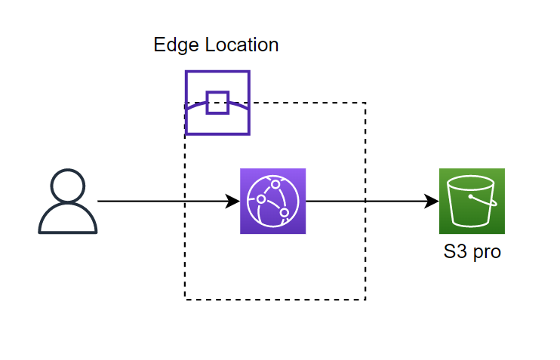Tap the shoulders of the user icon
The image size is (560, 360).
68,220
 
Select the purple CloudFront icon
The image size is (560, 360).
272,201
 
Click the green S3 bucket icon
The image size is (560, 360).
472,201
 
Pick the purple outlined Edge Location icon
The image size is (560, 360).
217,103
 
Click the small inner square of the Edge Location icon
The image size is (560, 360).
217,102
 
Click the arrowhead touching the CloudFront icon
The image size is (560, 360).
233,202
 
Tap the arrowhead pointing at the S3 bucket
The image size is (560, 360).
432,202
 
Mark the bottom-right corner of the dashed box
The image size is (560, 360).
365,300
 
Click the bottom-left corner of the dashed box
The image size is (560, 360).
186,300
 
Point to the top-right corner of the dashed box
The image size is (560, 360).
365,103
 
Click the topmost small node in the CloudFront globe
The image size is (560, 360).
276,184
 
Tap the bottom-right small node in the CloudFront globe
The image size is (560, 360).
284,213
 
